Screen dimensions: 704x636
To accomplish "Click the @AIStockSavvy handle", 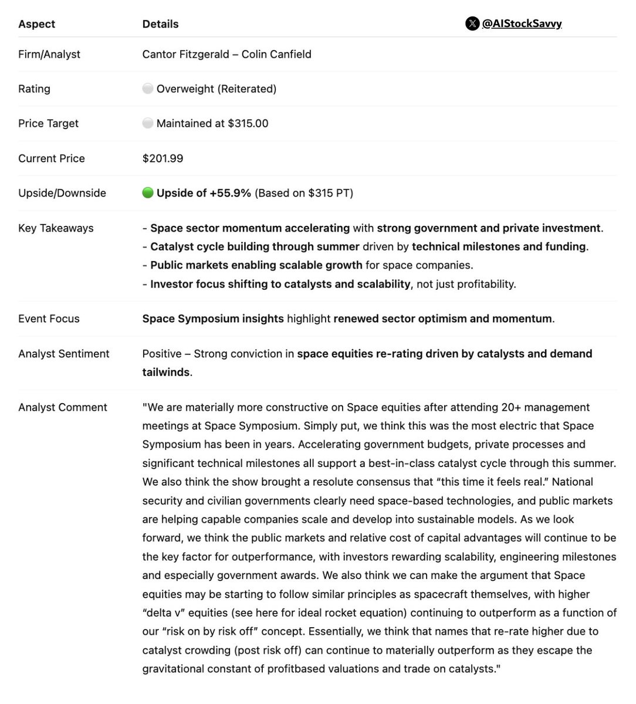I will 522,23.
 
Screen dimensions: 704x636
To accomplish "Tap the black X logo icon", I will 472,23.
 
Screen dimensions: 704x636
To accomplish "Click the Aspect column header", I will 36,24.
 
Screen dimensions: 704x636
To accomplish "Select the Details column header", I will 160,24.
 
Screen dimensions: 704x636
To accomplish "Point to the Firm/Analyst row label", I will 49,54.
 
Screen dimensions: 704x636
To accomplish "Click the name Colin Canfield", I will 276,54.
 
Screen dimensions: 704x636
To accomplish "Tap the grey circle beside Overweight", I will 148,89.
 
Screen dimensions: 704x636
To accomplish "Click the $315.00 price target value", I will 248,123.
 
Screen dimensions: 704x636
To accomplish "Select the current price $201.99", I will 163,158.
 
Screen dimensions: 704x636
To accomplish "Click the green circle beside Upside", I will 148,193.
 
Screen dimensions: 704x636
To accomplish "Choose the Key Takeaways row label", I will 56,228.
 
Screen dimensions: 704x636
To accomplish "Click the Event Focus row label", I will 49,319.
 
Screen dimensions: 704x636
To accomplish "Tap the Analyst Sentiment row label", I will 63,354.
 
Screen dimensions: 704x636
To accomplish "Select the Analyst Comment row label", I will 62,407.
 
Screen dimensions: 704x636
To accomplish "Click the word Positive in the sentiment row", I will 162,354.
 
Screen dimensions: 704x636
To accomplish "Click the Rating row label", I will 34,89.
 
